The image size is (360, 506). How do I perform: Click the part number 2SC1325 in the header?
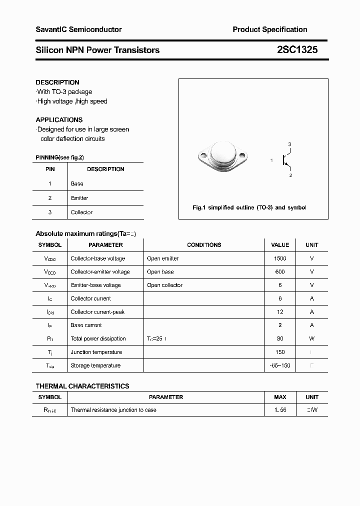pyautogui.click(x=297, y=50)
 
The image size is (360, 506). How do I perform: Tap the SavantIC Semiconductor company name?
pyautogui.click(x=78, y=29)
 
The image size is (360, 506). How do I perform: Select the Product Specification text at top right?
pyautogui.click(x=269, y=29)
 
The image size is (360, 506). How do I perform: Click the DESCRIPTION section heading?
pyautogui.click(x=57, y=82)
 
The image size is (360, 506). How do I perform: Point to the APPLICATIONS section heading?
pyautogui.click(x=59, y=120)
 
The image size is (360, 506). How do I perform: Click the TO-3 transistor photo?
pyautogui.click(x=222, y=156)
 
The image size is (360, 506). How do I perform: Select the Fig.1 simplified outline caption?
pyautogui.click(x=249, y=207)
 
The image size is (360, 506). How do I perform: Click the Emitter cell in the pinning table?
pyautogui.click(x=79, y=198)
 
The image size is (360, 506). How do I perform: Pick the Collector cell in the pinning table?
pyautogui.click(x=81, y=212)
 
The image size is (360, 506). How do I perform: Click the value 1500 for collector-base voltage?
pyautogui.click(x=280, y=258)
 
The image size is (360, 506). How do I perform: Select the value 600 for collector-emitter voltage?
pyautogui.click(x=280, y=272)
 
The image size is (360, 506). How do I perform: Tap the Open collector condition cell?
pyautogui.click(x=164, y=285)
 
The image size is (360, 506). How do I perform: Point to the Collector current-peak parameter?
pyautogui.click(x=97, y=312)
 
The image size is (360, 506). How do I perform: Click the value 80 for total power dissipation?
pyautogui.click(x=280, y=339)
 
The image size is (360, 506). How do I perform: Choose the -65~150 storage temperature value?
pyautogui.click(x=280, y=365)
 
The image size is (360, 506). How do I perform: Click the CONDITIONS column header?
pyautogui.click(x=204, y=245)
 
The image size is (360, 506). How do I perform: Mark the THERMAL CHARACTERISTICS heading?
pyautogui.click(x=82, y=386)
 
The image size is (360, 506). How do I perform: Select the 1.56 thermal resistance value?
pyautogui.click(x=280, y=410)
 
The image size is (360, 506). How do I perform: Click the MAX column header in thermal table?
pyautogui.click(x=280, y=397)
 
